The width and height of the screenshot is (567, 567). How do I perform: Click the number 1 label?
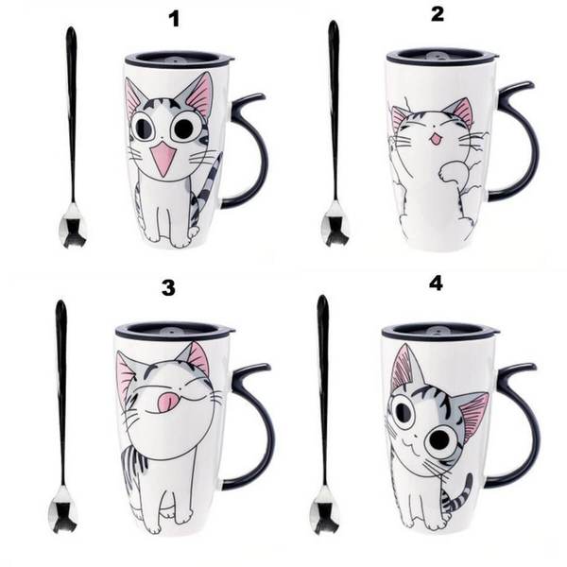(175, 19)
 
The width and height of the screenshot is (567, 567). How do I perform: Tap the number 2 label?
(438, 14)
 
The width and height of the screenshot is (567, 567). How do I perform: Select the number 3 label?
(168, 288)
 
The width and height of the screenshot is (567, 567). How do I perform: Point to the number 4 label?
(436, 283)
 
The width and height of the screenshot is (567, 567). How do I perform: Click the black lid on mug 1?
(180, 60)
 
